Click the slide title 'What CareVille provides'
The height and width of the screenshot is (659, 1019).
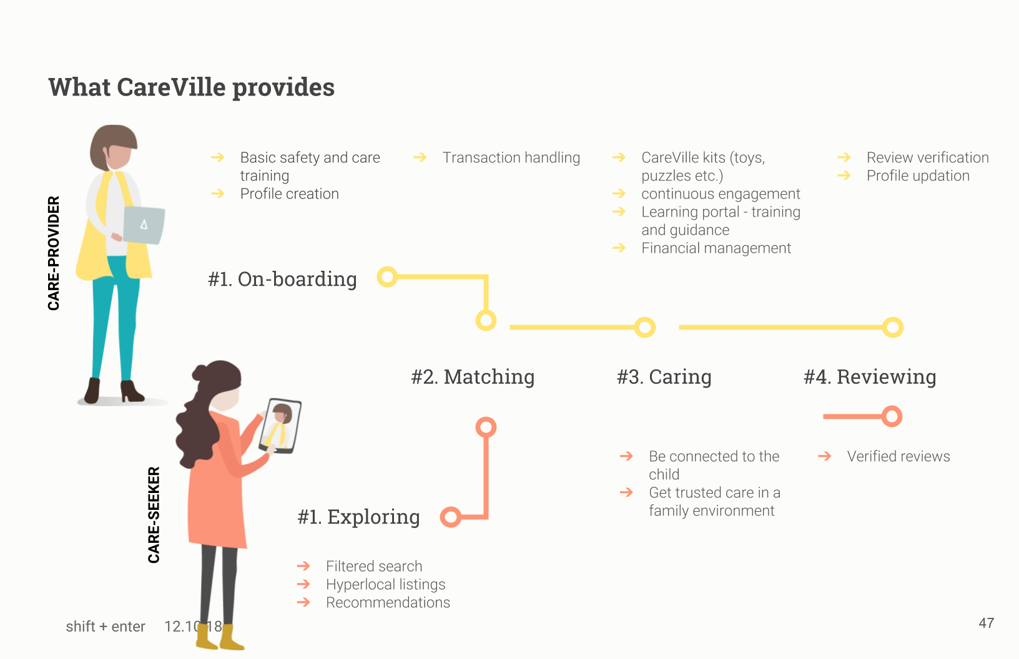pyautogui.click(x=192, y=87)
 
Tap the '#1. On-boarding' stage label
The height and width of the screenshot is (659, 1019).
pyautogui.click(x=282, y=279)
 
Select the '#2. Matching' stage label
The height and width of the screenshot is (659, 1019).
pyautogui.click(x=473, y=376)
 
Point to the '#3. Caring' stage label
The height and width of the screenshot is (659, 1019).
pyautogui.click(x=664, y=376)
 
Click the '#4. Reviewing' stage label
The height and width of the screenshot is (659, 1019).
pyautogui.click(x=870, y=376)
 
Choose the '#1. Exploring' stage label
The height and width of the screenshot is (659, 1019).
pyautogui.click(x=358, y=517)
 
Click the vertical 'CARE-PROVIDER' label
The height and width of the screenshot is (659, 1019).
pyautogui.click(x=54, y=253)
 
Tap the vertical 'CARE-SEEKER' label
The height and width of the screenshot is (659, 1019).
pyautogui.click(x=154, y=515)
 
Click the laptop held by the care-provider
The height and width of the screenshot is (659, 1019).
pyautogui.click(x=144, y=225)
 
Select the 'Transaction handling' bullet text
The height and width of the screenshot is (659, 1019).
pyautogui.click(x=511, y=157)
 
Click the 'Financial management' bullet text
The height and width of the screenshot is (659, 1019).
pyautogui.click(x=716, y=248)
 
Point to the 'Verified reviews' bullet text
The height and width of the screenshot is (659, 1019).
pyautogui.click(x=898, y=456)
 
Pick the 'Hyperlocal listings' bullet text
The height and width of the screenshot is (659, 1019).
pyautogui.click(x=386, y=584)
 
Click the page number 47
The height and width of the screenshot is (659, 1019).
pyautogui.click(x=987, y=623)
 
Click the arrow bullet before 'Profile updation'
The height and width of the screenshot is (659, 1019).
pyautogui.click(x=844, y=175)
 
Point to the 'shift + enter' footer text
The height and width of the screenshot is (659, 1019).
pyautogui.click(x=106, y=627)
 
